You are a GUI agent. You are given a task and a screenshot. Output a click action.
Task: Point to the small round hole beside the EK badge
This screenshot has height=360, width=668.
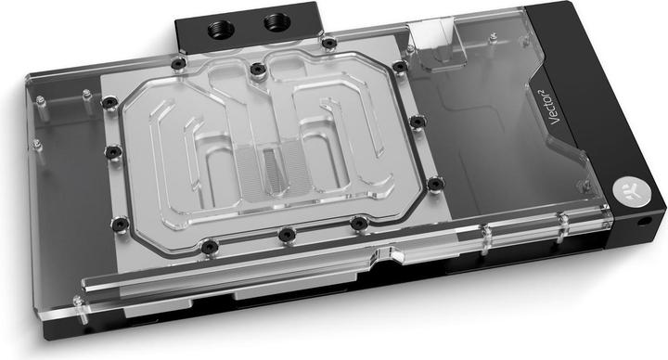(644, 224)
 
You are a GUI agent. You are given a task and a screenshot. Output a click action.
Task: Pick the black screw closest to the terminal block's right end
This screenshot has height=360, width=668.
(329, 44)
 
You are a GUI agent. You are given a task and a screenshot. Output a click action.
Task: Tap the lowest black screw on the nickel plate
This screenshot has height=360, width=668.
(212, 246)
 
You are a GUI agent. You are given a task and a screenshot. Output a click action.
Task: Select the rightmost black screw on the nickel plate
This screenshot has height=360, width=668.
(432, 186)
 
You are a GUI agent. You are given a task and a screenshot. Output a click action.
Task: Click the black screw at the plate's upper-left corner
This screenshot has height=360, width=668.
(178, 63)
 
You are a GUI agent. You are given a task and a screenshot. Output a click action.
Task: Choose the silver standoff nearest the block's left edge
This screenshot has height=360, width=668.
(38, 147)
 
